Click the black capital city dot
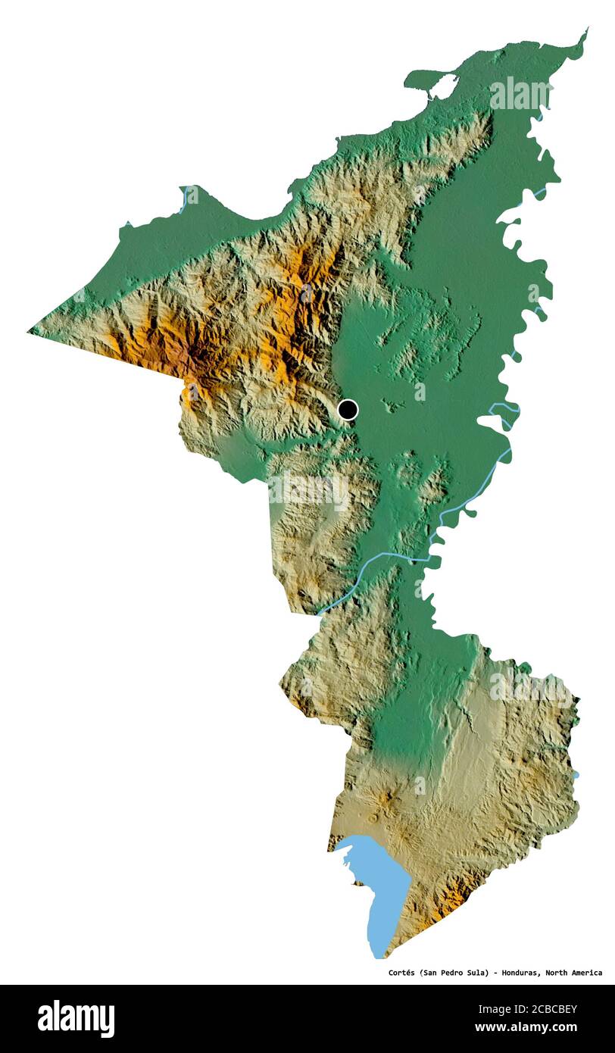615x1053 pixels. point(347,410)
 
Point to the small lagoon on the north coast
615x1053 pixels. point(443,86)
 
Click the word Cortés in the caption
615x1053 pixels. point(404,973)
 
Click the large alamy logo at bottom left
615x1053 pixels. point(76,1018)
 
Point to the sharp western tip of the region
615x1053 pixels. point(30,330)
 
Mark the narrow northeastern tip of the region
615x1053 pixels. point(584,32)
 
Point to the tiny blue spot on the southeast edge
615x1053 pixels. point(576,774)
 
